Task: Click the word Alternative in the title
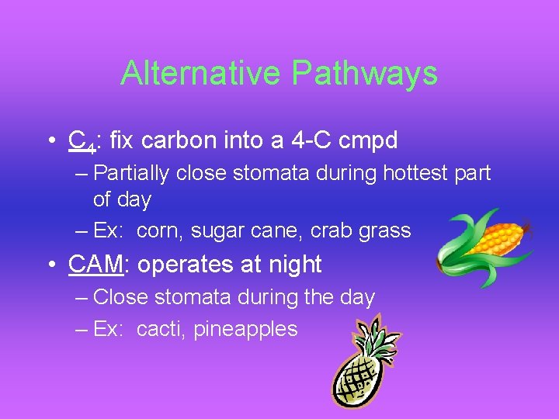202,74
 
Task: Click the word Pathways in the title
365,74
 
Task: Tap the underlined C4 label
80,141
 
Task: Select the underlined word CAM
95,264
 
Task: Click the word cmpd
369,140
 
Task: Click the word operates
185,264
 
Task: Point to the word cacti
159,329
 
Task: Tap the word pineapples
245,329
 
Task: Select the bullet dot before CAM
50,265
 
